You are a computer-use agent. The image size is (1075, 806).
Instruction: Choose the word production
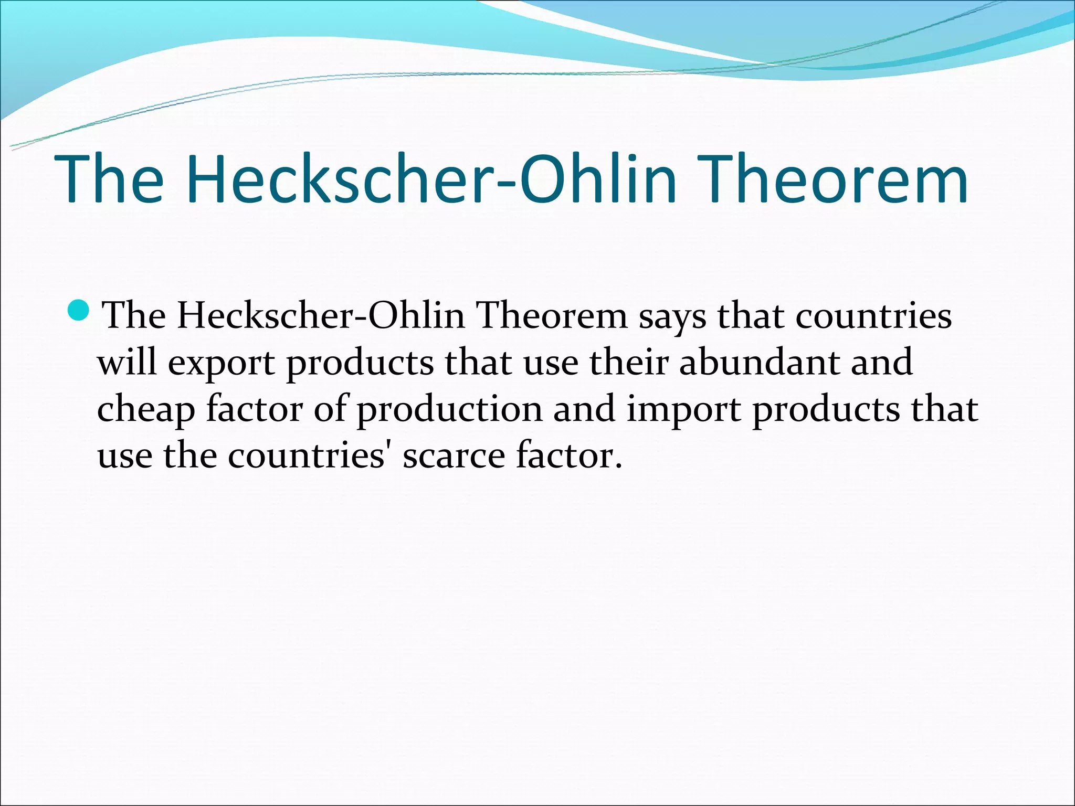point(450,410)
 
